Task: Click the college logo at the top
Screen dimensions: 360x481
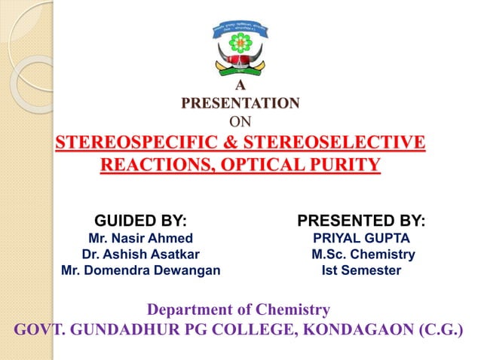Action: [240, 47]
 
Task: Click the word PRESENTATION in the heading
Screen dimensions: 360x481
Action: [240, 102]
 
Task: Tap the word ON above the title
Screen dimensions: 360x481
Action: [240, 120]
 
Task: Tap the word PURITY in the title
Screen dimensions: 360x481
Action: [344, 164]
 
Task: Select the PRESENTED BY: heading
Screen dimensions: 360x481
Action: [361, 221]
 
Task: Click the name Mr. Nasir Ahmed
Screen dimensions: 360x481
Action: [139, 239]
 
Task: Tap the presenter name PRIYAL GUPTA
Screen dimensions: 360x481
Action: [361, 239]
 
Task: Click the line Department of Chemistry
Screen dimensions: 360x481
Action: [239, 310]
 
